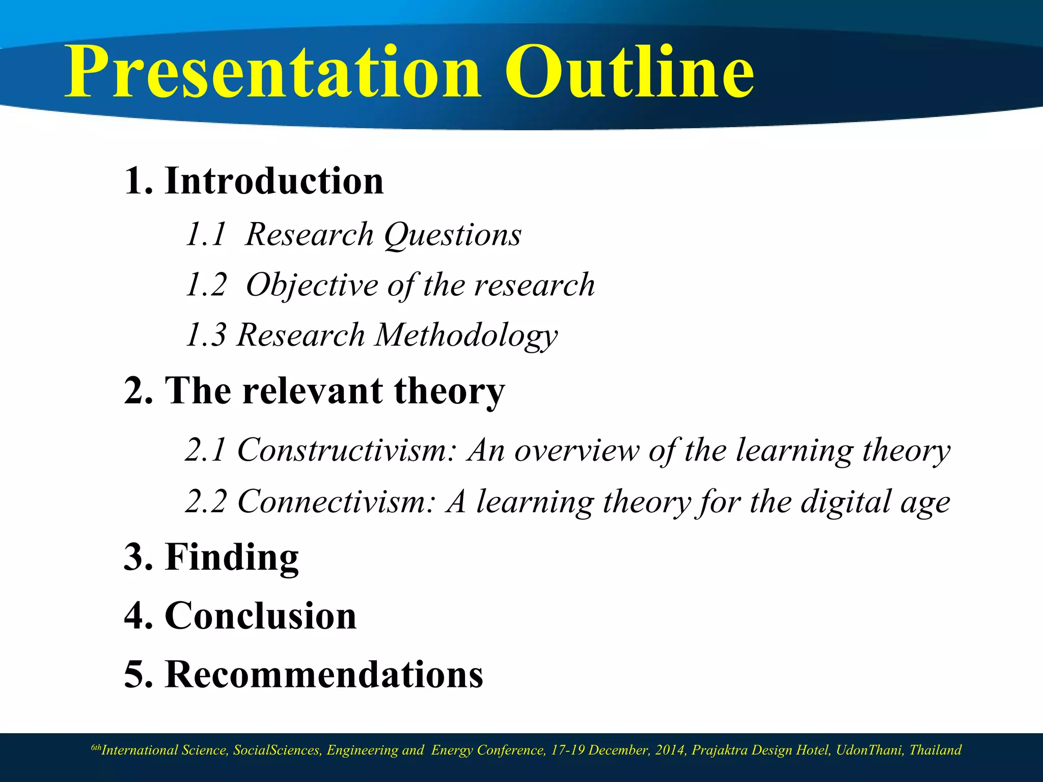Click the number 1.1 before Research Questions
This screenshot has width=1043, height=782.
point(205,235)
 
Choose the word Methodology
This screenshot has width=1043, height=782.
point(466,336)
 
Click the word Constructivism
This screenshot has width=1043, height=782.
point(347,451)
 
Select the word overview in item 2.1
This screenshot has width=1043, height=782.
point(576,451)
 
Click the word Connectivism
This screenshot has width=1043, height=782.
point(337,501)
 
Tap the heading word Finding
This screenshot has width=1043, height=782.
point(232,557)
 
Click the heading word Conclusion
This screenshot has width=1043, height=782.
point(260,616)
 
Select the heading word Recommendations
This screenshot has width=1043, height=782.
point(324,675)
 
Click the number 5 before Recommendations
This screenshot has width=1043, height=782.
point(135,675)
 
